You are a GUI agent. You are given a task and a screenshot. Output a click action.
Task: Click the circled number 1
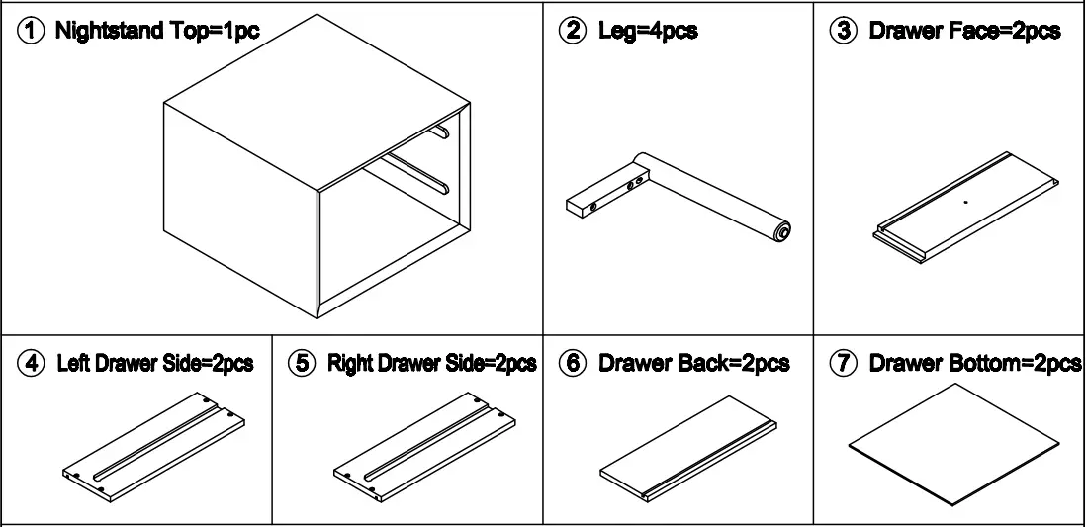click(x=34, y=32)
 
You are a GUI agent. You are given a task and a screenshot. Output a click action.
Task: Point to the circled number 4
click(x=34, y=364)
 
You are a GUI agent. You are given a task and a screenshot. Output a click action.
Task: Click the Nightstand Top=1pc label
click(x=157, y=32)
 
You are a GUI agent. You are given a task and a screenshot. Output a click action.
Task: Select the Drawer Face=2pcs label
click(x=964, y=32)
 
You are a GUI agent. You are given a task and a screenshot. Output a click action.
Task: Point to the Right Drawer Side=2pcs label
click(x=431, y=364)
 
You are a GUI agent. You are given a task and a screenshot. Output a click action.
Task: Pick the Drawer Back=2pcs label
click(x=693, y=364)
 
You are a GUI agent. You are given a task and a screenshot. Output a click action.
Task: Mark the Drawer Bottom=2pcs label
click(x=974, y=364)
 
